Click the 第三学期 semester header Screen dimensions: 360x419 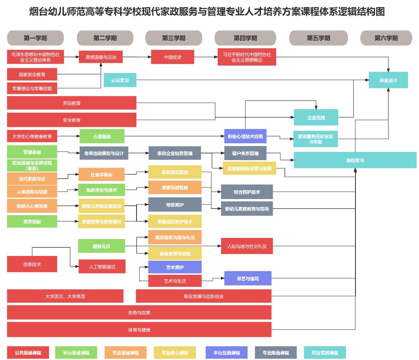[x=173, y=38]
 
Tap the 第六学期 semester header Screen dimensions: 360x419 [x=386, y=38]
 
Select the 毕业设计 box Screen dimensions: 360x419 [x=388, y=80]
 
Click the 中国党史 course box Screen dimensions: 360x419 [x=173, y=57]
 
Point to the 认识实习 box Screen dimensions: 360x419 [x=120, y=80]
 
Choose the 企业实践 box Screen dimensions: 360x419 [x=316, y=117]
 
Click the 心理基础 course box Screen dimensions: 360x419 [x=102, y=136]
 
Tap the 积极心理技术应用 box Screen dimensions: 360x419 [x=245, y=136]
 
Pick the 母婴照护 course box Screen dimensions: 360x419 [x=175, y=205]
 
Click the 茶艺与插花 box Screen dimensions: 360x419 [x=248, y=278]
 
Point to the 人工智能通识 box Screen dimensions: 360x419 [x=102, y=267]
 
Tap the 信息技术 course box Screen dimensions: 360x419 [x=32, y=264]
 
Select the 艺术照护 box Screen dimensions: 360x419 [x=175, y=267]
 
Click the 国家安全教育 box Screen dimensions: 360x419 [x=32, y=74]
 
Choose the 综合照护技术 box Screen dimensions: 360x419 [x=247, y=192]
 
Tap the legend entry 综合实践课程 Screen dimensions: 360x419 [x=324, y=353]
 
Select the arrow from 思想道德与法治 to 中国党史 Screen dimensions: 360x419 [x=137, y=57]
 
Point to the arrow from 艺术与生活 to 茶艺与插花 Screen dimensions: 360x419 [x=213, y=279]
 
